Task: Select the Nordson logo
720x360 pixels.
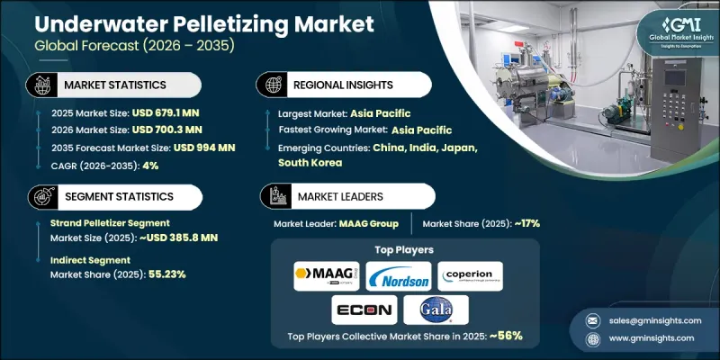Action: click(x=393, y=275)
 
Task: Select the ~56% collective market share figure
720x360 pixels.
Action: click(x=505, y=335)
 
